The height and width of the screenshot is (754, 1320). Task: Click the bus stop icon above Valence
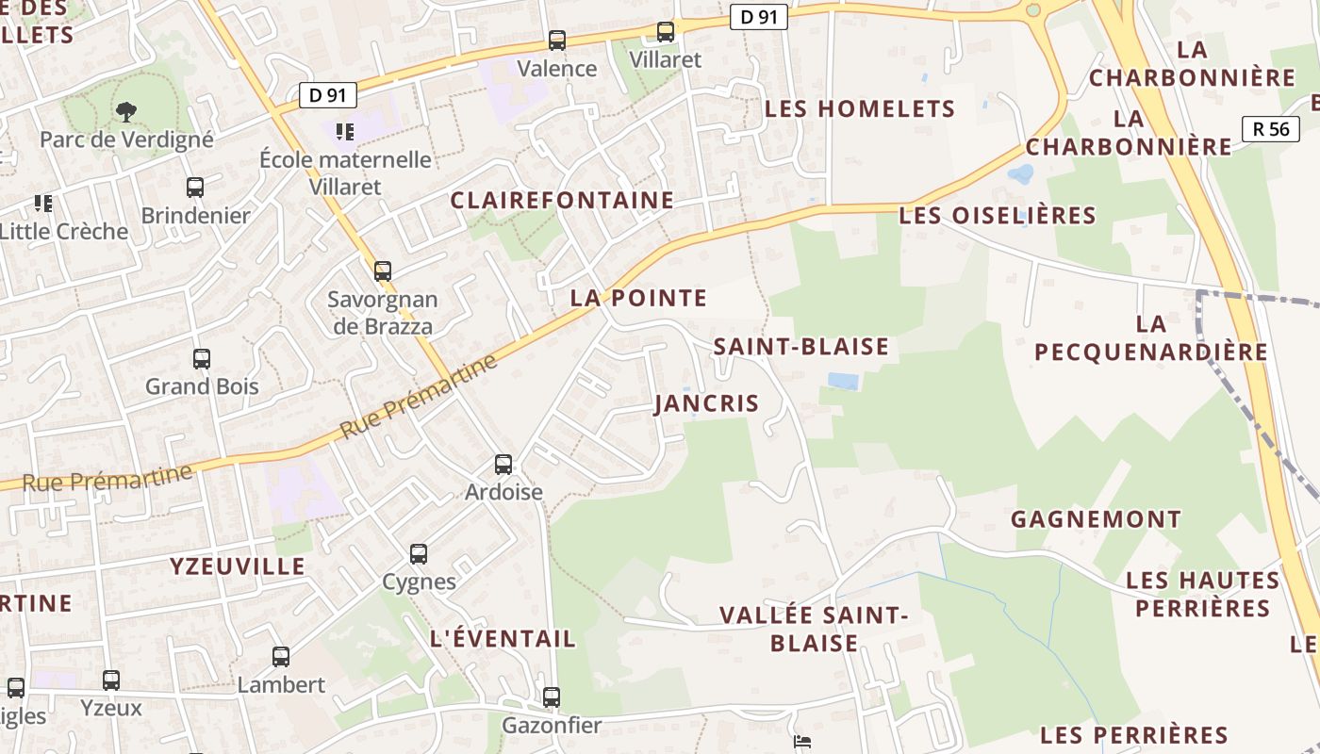(557, 41)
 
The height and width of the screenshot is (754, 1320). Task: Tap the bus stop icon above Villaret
(666, 32)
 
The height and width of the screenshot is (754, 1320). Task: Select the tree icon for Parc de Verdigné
(125, 112)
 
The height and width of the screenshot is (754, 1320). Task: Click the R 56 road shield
(1271, 129)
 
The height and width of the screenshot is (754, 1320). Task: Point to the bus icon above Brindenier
(195, 188)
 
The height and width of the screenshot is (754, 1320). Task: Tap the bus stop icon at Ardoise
(503, 465)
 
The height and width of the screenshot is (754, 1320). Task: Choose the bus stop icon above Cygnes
(419, 554)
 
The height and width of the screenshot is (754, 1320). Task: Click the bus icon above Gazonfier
(552, 697)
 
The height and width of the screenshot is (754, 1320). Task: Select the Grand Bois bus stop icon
(202, 359)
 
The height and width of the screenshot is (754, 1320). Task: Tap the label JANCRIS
(706, 403)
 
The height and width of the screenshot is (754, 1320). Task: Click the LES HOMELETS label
(860, 109)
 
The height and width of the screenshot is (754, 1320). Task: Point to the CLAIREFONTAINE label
(562, 200)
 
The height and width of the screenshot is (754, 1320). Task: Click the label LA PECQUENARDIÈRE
(1151, 338)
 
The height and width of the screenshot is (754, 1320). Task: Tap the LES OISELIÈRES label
(998, 216)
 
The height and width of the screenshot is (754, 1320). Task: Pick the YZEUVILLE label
(238, 566)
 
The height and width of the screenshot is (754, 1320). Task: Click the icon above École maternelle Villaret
(345, 131)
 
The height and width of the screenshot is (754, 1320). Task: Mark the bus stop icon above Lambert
(281, 657)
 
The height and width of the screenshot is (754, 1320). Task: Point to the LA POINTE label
(638, 299)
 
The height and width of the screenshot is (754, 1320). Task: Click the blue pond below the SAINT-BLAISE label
(843, 381)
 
